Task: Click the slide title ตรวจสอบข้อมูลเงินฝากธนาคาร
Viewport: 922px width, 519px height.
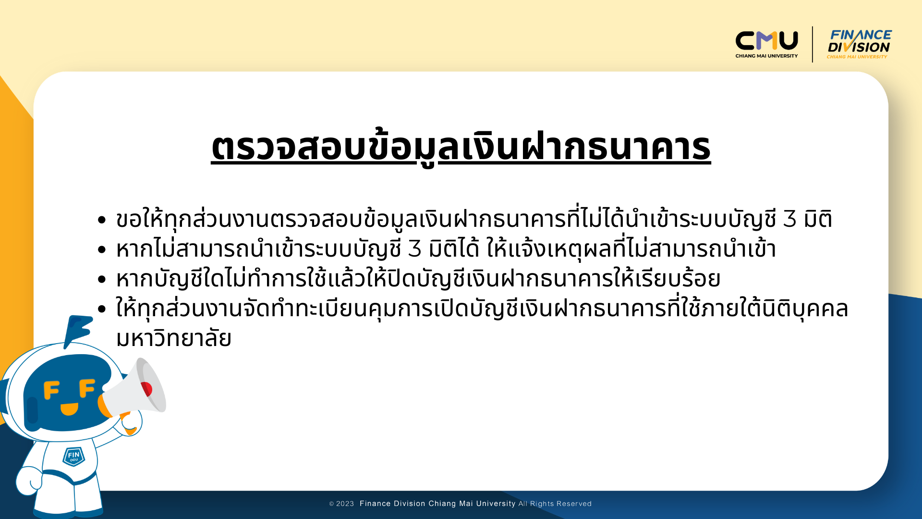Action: click(461, 147)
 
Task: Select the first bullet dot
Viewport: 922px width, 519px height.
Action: click(101, 220)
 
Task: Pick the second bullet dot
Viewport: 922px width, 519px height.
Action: click(101, 249)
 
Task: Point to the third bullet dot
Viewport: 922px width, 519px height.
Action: click(101, 279)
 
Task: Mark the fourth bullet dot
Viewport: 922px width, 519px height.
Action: click(101, 309)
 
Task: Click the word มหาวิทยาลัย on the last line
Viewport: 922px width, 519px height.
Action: click(174, 338)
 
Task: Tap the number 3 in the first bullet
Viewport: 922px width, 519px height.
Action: click(790, 219)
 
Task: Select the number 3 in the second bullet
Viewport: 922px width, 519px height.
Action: click(415, 249)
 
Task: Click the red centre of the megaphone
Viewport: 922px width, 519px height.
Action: click(146, 389)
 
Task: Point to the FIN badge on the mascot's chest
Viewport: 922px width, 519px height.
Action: click(73, 456)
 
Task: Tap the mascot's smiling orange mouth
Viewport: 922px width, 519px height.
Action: click(69, 409)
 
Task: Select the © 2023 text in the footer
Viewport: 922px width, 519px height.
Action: click(341, 504)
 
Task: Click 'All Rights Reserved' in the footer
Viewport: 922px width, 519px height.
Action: click(555, 504)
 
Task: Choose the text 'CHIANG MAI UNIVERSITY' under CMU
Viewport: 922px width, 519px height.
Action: click(766, 56)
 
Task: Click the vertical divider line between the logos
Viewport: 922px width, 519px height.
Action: click(813, 44)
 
